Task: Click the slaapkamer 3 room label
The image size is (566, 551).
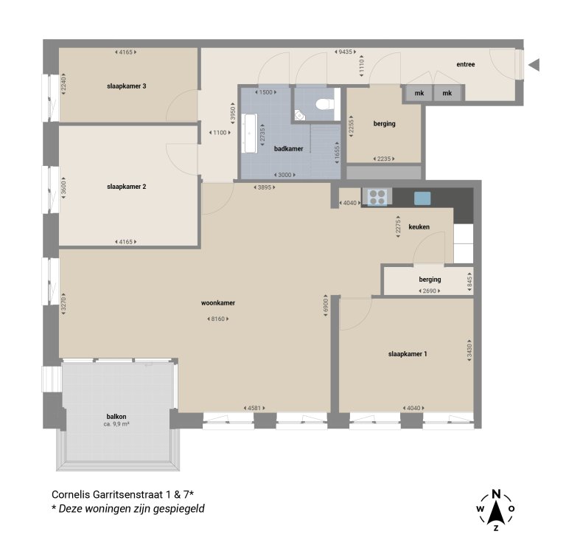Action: click(x=127, y=86)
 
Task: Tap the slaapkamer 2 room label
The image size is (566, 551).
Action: click(x=127, y=187)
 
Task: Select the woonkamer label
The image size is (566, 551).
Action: click(x=218, y=303)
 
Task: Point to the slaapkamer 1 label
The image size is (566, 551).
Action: click(x=408, y=354)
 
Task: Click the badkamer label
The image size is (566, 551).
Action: click(x=288, y=148)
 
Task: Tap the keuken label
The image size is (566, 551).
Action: click(x=419, y=227)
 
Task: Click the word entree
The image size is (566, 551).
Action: click(x=465, y=65)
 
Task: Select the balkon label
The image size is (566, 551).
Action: click(x=116, y=417)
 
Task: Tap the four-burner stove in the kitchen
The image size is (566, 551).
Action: click(x=377, y=197)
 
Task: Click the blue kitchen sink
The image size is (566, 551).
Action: click(x=422, y=197)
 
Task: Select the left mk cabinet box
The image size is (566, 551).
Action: click(x=419, y=93)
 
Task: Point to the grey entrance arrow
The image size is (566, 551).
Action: click(x=534, y=65)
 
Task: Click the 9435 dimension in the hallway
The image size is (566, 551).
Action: click(x=343, y=52)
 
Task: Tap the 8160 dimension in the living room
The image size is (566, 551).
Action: click(x=218, y=319)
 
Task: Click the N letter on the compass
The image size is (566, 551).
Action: click(x=496, y=494)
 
